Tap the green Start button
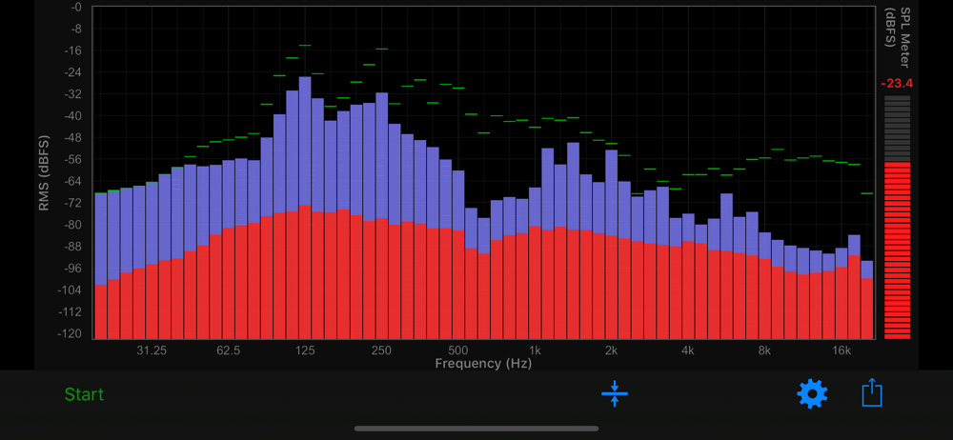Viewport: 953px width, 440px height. coord(84,394)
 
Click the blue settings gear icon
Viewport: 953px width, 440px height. coord(812,393)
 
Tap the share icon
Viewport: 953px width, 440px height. coord(872,392)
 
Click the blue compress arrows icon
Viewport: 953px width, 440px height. coord(615,393)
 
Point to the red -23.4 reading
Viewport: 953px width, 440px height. coord(897,83)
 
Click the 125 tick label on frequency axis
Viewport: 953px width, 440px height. coord(305,350)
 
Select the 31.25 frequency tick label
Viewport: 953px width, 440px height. coord(152,350)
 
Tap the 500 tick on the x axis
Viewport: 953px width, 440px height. coord(458,350)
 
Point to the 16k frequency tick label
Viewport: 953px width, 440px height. coord(841,350)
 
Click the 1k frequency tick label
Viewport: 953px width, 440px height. coord(535,350)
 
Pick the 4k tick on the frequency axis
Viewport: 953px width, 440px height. coord(688,350)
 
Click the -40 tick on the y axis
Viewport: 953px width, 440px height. coord(71,116)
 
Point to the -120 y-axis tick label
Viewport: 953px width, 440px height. coord(69,334)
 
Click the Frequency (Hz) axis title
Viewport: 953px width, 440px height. coord(483,364)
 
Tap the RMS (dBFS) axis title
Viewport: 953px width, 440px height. coord(44,170)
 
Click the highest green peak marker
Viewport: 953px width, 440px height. coord(305,45)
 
